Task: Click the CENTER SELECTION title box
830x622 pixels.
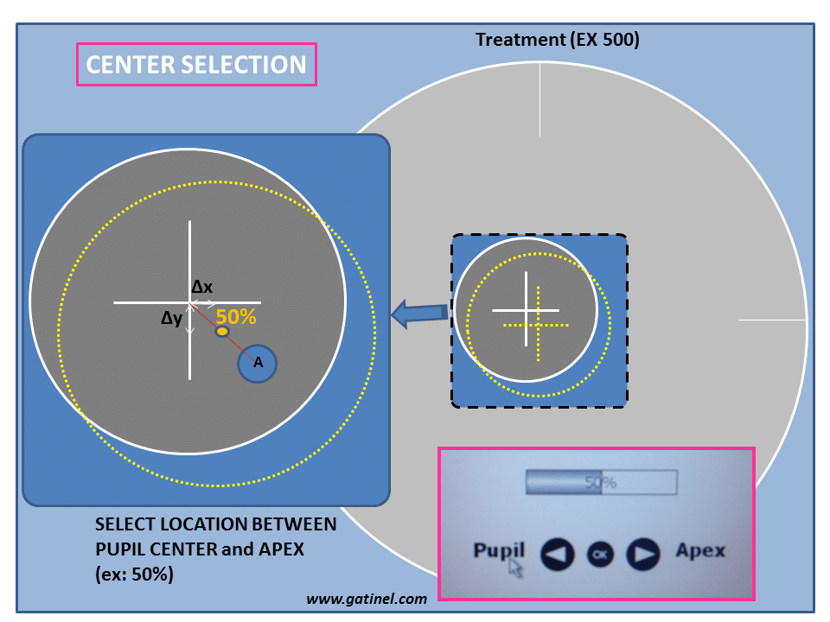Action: click(196, 65)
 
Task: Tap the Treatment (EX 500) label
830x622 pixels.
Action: click(558, 40)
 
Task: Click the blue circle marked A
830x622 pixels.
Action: click(258, 364)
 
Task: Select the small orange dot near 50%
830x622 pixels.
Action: click(222, 333)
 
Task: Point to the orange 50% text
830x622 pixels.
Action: click(236, 317)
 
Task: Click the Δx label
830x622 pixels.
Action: click(202, 287)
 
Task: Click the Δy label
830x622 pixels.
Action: click(172, 318)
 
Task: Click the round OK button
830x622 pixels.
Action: click(600, 554)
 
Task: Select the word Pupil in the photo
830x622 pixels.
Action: click(499, 550)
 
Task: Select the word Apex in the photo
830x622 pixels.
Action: click(699, 550)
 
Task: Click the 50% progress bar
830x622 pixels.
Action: click(601, 482)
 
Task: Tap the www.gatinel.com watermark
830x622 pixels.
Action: click(367, 598)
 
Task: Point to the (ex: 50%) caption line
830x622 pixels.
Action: click(134, 574)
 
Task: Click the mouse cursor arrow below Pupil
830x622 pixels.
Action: click(515, 568)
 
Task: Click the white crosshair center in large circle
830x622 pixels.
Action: click(190, 302)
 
